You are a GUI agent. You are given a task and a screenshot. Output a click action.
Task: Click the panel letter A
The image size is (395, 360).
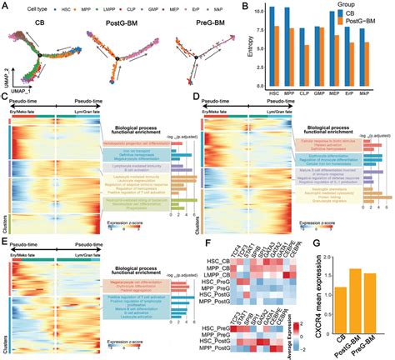(5, 6)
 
